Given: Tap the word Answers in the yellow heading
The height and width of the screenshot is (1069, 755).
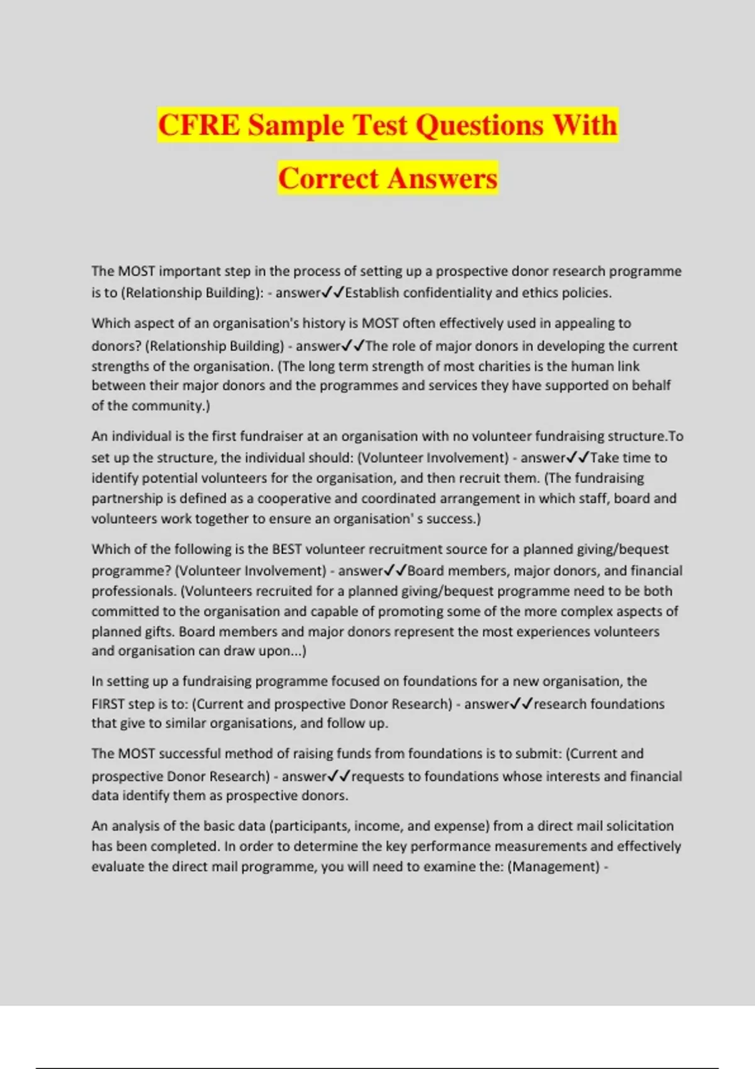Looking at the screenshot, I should coord(442,178).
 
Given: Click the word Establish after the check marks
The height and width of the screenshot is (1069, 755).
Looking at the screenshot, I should coord(372,292).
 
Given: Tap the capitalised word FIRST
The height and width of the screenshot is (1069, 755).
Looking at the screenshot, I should coord(108,704).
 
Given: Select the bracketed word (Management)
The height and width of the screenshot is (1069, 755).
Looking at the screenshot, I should coord(553,867).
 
